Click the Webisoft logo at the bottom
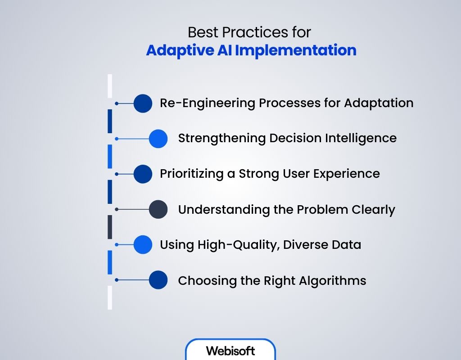coord(230,351)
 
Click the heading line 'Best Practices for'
coord(249,32)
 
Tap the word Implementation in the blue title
coord(296,50)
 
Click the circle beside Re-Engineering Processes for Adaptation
coord(143,103)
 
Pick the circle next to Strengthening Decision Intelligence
coord(158,139)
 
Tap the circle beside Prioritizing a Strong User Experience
coord(143,174)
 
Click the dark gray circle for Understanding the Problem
coord(158,209)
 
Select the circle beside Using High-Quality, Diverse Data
coord(143,245)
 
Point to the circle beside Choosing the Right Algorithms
coord(158,280)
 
